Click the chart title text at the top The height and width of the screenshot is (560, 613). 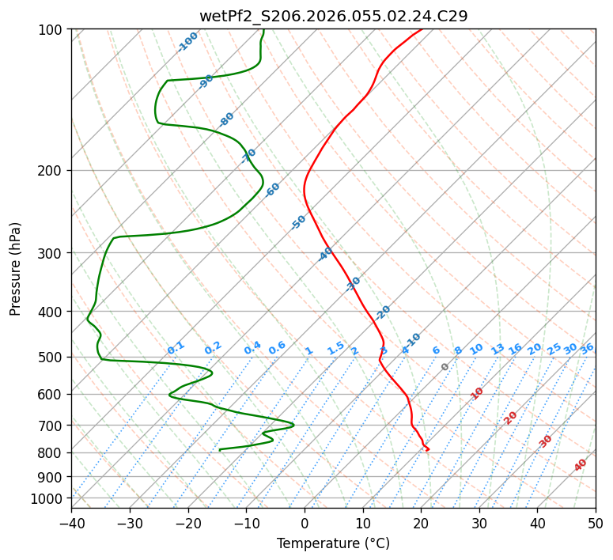[x=333, y=16]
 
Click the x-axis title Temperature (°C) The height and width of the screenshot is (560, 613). [x=333, y=543]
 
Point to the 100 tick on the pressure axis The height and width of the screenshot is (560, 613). [x=52, y=30]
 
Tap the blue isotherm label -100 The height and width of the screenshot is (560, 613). [x=187, y=42]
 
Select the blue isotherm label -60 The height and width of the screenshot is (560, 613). [x=273, y=190]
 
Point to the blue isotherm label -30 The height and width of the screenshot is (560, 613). [x=354, y=283]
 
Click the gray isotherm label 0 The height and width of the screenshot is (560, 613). [x=445, y=367]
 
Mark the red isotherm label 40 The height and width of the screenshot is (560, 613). [x=581, y=465]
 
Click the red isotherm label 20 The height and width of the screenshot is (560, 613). [x=511, y=417]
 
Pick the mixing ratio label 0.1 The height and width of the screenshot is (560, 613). [x=176, y=348]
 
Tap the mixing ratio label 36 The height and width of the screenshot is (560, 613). [x=587, y=348]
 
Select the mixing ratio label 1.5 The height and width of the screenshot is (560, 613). [x=335, y=348]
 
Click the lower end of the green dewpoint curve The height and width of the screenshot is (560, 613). [x=220, y=450]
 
